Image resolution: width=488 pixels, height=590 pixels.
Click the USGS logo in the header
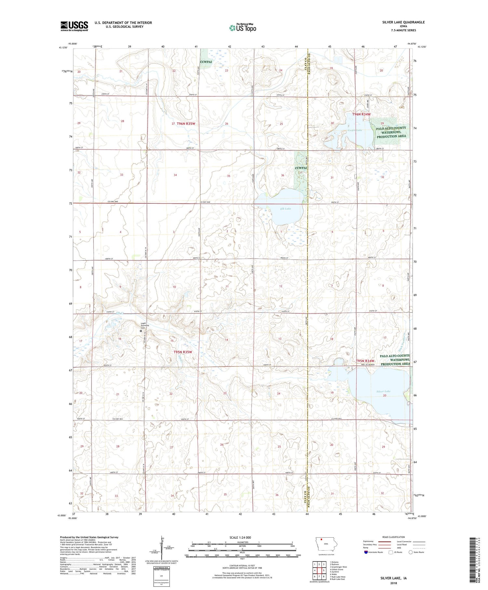pos(74,26)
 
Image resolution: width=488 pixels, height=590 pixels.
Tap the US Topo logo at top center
pos(242,28)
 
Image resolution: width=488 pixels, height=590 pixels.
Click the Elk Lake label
pos(285,209)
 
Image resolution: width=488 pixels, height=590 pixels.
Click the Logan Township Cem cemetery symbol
pos(141,331)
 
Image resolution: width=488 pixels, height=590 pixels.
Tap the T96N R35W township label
pos(186,124)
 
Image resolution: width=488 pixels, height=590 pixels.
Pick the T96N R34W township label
pos(361,114)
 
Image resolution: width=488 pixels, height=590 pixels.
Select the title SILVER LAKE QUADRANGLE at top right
pos(403,22)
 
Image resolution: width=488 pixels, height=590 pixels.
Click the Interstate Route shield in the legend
pos(366,552)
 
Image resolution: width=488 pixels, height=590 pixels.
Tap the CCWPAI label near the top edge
pos(206,62)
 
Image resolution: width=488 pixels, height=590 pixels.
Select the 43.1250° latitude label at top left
pos(63,48)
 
